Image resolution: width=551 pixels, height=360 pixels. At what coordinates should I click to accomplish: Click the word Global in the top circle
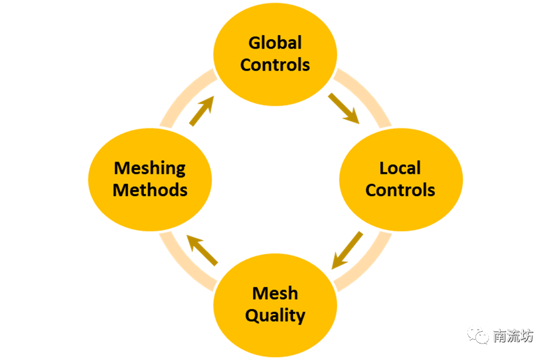[x=275, y=43]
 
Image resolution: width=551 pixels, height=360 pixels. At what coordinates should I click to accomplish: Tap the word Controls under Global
[x=275, y=65]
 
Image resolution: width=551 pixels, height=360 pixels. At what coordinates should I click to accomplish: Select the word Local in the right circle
[x=400, y=168]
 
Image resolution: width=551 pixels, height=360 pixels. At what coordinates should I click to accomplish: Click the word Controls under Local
[x=400, y=189]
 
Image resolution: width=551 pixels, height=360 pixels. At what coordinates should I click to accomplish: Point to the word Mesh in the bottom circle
[x=275, y=293]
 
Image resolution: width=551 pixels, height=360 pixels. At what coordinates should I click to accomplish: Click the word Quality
[x=275, y=315]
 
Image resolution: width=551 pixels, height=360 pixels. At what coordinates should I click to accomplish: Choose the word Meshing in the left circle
[x=150, y=168]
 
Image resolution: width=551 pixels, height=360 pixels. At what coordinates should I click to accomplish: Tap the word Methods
[x=150, y=189]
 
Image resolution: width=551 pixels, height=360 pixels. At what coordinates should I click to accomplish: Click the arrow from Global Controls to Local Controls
[x=343, y=108]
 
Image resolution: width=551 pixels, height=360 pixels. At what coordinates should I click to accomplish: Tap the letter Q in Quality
[x=252, y=315]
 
